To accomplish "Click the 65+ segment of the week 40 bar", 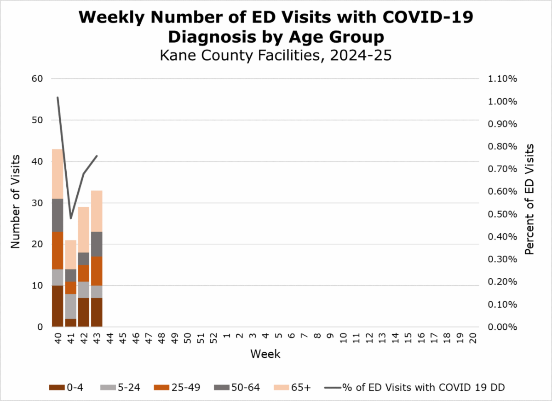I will (57, 174).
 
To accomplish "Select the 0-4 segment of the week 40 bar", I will (57, 306).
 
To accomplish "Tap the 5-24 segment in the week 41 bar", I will (70, 306).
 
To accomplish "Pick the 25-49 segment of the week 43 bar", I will (97, 271).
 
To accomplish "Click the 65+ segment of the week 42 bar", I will (84, 229).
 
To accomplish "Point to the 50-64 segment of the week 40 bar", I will (57, 215).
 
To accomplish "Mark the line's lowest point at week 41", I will (71, 218).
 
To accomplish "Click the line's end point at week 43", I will (97, 156).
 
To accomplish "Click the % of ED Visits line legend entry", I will (414, 388).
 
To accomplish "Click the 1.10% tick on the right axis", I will (502, 79).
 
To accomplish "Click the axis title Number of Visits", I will (16, 202).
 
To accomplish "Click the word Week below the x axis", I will (265, 355).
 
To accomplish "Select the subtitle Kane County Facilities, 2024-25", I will (276, 56).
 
